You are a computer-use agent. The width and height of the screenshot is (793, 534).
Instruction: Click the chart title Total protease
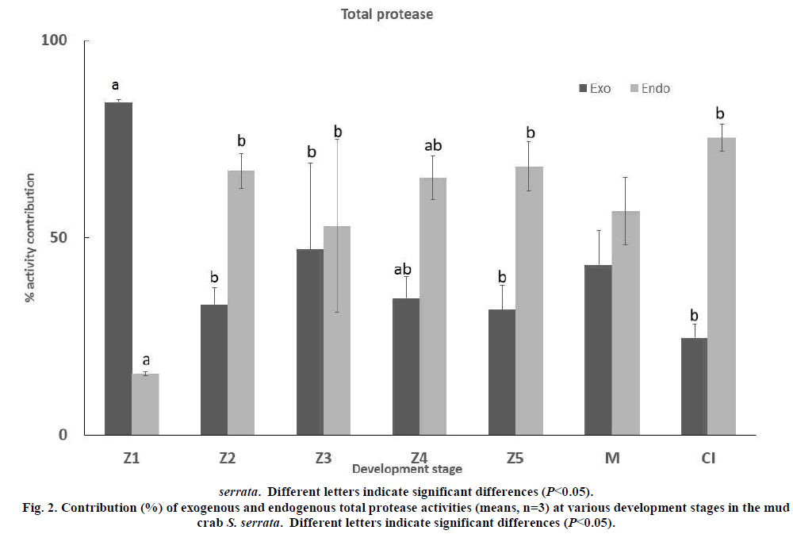coord(387,14)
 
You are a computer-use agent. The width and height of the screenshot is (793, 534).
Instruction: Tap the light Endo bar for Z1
coord(145,404)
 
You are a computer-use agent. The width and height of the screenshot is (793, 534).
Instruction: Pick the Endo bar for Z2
coord(241,302)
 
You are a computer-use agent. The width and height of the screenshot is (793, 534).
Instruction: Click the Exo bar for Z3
coord(310,342)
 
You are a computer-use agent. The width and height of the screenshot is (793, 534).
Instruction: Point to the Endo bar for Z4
coord(433,306)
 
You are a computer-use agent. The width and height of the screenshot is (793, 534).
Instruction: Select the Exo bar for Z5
coord(502,372)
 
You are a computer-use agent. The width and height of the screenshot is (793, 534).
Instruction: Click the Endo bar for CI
coord(722,286)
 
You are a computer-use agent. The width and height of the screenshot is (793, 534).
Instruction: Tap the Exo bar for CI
coord(694,386)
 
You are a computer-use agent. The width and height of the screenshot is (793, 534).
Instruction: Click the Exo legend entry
coord(595,88)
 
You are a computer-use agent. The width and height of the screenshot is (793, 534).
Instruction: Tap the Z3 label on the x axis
coord(322,458)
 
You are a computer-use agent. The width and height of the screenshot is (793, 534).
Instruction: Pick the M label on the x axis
coord(611,458)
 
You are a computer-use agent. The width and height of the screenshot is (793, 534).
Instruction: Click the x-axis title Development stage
coord(407,469)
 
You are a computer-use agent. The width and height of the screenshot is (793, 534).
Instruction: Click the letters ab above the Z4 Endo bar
coord(433,145)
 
